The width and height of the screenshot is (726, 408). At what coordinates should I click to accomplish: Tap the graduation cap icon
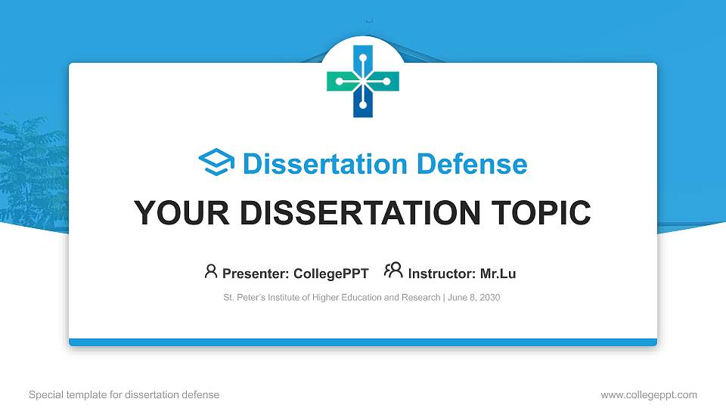click(216, 163)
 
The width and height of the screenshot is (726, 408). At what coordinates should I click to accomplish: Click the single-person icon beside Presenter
click(211, 271)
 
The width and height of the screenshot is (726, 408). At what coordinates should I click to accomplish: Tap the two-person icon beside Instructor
click(393, 271)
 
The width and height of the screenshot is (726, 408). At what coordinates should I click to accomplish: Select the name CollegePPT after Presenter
click(332, 274)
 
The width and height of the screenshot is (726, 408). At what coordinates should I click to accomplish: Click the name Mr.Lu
click(498, 274)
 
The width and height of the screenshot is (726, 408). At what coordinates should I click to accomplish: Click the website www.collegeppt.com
click(649, 394)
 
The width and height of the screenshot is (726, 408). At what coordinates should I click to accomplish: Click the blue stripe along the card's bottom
click(363, 342)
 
